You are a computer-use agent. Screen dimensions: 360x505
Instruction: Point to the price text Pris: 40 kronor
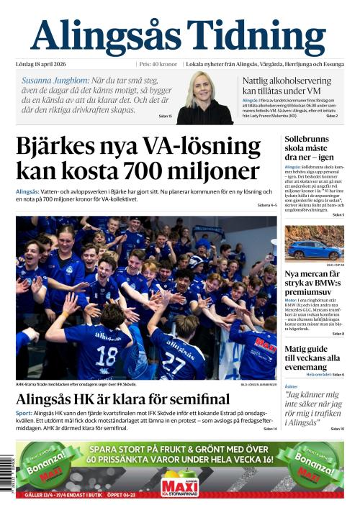[158, 64]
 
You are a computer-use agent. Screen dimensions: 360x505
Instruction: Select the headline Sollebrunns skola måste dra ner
[310, 147]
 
